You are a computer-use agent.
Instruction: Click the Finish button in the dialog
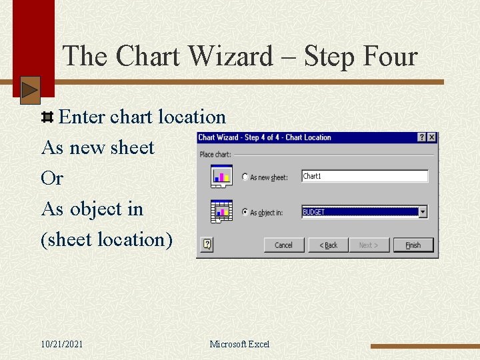(x=413, y=245)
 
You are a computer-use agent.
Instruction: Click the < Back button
(x=328, y=245)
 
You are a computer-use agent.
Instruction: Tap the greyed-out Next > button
(x=369, y=245)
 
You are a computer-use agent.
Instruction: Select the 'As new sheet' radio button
(x=245, y=177)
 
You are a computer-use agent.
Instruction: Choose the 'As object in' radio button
(x=245, y=213)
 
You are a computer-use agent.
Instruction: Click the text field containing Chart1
(x=364, y=177)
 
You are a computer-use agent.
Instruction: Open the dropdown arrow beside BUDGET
(x=423, y=212)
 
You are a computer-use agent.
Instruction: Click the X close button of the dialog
(x=431, y=137)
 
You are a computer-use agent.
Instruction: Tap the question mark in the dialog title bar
(x=422, y=137)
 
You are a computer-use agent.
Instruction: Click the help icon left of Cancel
(x=207, y=245)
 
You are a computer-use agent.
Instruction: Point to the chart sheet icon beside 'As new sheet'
(x=221, y=176)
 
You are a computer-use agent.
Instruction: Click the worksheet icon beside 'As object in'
(x=221, y=211)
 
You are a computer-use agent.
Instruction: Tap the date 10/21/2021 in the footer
(x=62, y=344)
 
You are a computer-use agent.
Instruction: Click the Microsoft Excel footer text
(x=239, y=344)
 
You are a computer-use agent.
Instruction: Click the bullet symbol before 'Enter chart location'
(x=47, y=118)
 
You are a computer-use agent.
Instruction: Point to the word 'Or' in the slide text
(x=52, y=179)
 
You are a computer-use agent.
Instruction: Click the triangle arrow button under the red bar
(x=30, y=91)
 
